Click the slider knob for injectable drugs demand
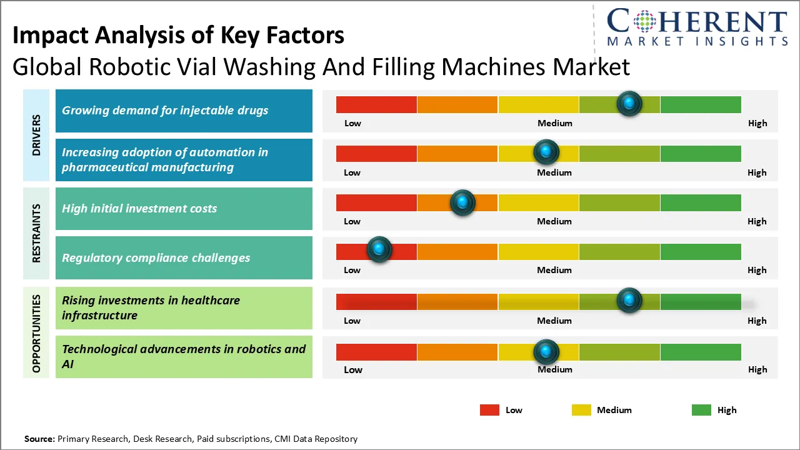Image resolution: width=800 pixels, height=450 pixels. coord(629,103)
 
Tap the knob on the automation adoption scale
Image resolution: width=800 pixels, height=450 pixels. coord(546,152)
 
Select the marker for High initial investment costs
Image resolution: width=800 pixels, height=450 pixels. coord(462,202)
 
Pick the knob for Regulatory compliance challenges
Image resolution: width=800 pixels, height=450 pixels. coord(379,249)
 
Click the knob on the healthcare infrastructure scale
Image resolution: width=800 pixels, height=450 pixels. coord(629,300)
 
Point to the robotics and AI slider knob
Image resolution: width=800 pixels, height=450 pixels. coord(546,352)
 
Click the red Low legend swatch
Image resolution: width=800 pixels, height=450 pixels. coord(489,410)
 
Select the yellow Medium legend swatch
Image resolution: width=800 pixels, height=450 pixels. coord(581,410)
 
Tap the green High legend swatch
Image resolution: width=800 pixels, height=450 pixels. coord(701,410)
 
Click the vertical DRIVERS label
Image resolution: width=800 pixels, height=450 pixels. coord(36,134)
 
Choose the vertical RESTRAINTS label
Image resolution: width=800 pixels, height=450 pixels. coord(36,232)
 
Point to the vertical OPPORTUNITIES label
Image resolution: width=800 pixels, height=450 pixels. coord(36,333)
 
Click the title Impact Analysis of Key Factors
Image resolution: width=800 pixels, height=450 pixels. coord(178,36)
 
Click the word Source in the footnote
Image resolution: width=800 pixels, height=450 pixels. coord(39,439)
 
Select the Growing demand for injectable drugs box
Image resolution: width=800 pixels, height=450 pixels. coord(184,111)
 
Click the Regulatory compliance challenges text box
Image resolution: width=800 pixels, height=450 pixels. coord(184,257)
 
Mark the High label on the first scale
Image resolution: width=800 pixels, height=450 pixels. coord(757,123)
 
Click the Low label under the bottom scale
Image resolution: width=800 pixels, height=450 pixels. coord(352,369)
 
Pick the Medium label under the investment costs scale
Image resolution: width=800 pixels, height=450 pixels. coord(554,221)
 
